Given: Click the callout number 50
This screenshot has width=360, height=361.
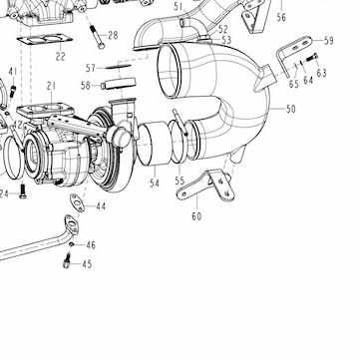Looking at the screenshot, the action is click(x=290, y=109).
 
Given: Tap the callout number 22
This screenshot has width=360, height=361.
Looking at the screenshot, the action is click(x=60, y=56).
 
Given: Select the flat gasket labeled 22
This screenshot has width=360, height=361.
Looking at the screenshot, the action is click(x=45, y=41).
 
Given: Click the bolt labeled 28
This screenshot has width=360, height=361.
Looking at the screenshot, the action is click(x=96, y=37).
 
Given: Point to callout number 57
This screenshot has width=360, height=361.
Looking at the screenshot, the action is click(x=91, y=69).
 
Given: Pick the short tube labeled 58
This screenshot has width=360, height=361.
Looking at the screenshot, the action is click(x=119, y=84).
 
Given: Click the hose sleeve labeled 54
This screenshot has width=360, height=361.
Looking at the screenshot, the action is click(x=154, y=145).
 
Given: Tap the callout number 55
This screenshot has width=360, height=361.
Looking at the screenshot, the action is click(x=180, y=181).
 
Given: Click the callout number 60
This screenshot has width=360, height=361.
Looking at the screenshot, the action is click(x=196, y=216).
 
